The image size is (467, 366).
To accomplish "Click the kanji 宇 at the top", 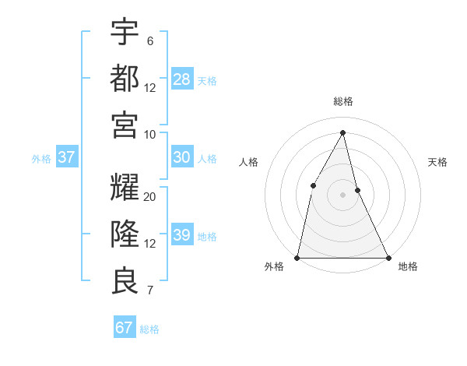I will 125,33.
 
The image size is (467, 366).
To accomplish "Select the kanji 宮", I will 125,125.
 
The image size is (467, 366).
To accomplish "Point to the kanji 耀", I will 125,188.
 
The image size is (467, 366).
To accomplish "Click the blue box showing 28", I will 182,79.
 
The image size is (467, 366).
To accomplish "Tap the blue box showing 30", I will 182,157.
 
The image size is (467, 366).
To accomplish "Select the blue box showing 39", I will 182,235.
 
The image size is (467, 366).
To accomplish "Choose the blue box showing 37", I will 67,157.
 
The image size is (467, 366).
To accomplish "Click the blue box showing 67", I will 125,328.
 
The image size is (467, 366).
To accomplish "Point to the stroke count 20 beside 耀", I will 150,197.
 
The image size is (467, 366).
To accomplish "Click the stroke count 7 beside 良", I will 149,291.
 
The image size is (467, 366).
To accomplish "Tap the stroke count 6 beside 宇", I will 149,41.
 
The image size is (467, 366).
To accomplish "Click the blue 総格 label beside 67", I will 149,329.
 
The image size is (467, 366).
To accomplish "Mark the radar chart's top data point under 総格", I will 343,132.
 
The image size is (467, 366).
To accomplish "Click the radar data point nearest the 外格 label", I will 297,257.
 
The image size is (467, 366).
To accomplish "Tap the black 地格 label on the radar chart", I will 408,266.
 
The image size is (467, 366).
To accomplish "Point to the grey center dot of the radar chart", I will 342,194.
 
